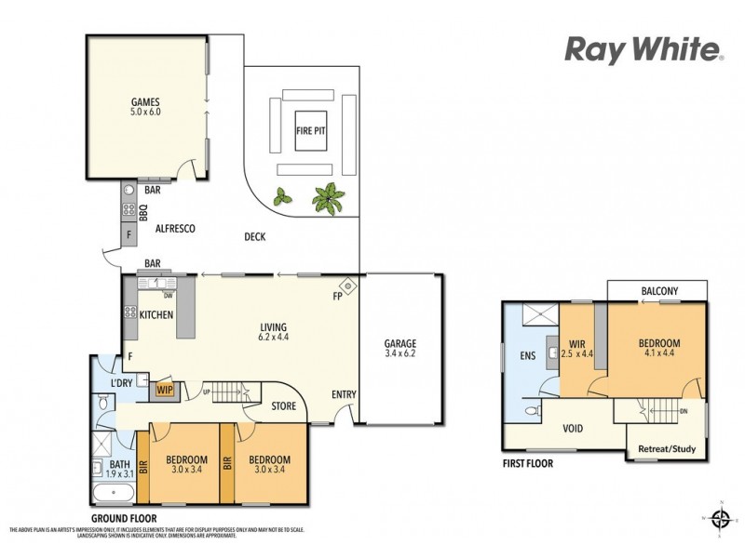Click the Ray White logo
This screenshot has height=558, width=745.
tap(642, 49)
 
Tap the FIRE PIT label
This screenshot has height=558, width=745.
tap(310, 131)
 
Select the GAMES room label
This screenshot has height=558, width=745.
tap(146, 102)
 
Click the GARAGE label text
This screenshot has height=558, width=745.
tap(400, 343)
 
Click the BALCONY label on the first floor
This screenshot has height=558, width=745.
tap(659, 291)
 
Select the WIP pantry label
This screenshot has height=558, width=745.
tap(166, 390)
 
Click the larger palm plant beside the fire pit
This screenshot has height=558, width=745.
tap(327, 196)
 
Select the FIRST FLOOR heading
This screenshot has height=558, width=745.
tap(527, 463)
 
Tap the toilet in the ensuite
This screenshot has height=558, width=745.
tap(531, 410)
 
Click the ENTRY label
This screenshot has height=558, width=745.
tap(345, 394)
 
